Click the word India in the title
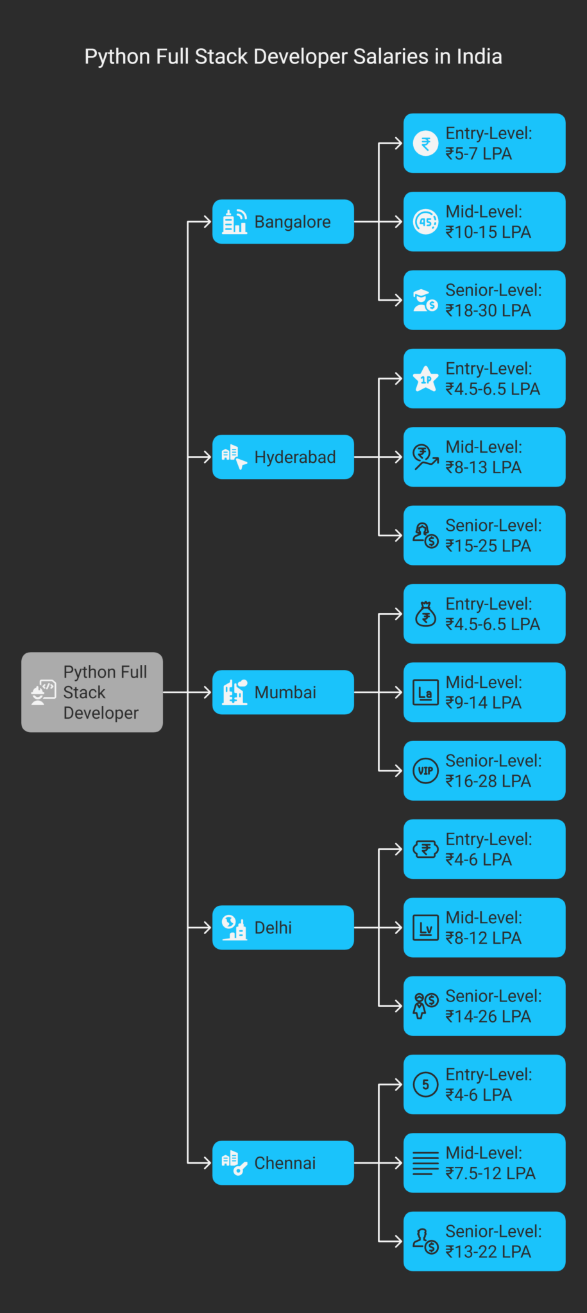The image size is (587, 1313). point(479,56)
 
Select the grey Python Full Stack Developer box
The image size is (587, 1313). point(92,692)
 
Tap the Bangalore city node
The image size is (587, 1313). point(283,222)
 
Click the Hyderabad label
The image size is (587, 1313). point(294,457)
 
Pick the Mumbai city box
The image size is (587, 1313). point(283,692)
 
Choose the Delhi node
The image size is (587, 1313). point(283,928)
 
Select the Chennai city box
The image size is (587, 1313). point(283,1163)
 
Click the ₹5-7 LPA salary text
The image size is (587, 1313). point(479,154)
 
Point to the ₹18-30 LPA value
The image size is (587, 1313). point(488,311)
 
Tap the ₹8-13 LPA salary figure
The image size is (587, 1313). point(483,467)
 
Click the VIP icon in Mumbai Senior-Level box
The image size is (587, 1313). point(425,771)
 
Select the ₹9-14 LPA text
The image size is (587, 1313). point(483,703)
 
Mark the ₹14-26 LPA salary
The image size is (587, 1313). point(488,1017)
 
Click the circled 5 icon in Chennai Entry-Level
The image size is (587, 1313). point(425,1084)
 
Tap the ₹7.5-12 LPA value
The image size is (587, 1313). point(490,1173)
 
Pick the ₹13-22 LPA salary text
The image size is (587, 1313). point(488,1252)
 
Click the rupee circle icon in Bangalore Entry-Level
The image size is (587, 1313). point(425,144)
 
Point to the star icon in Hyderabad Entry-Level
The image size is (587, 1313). point(425,379)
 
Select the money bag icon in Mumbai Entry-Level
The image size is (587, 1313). point(425,614)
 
